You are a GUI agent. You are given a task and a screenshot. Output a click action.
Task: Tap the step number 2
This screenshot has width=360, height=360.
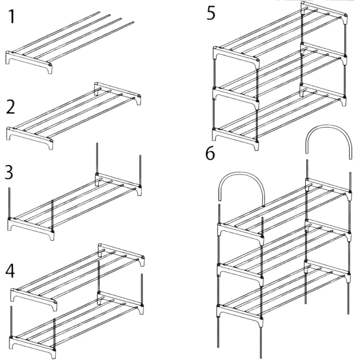click(x=11, y=107)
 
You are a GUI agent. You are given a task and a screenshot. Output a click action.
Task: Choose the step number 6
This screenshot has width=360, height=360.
click(x=210, y=153)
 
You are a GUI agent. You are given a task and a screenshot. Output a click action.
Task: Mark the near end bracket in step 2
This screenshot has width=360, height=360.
click(x=30, y=138)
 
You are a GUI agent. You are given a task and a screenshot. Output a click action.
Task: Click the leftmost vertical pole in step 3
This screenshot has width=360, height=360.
click(x=9, y=203)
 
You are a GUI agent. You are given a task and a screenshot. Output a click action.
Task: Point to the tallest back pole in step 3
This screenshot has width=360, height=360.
click(x=97, y=158)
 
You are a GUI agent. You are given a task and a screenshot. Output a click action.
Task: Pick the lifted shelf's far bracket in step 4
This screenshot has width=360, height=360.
click(x=121, y=254)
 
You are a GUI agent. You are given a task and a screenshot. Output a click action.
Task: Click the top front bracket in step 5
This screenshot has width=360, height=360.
click(x=236, y=58)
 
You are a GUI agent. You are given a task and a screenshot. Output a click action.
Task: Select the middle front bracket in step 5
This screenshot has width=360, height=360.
click(x=236, y=98)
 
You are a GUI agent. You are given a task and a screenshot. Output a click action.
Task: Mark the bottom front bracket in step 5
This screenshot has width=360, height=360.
click(x=236, y=139)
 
